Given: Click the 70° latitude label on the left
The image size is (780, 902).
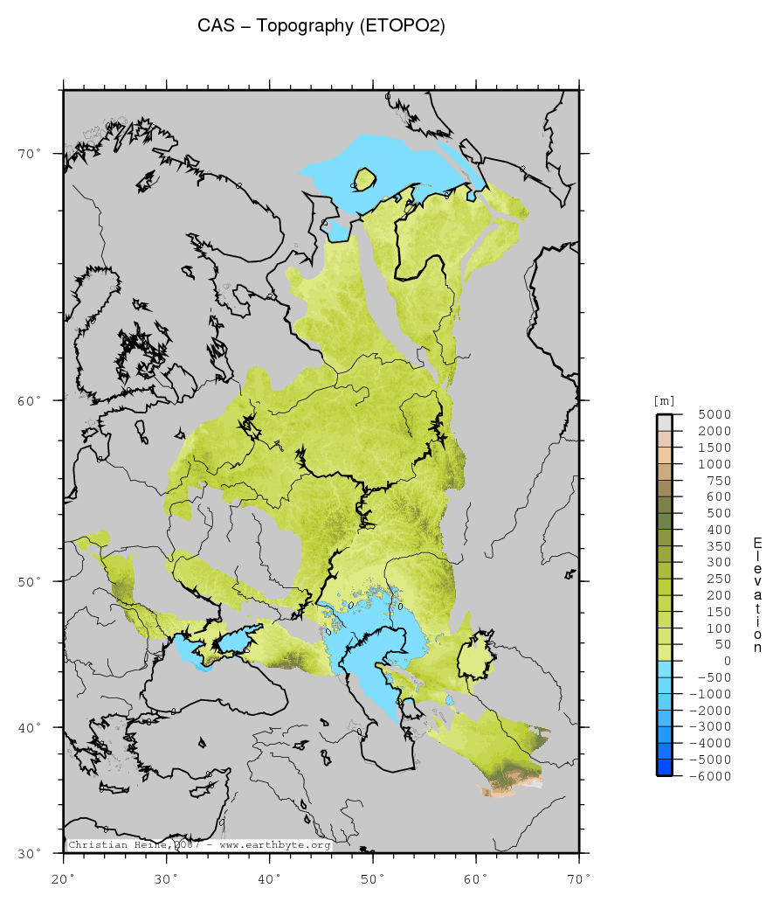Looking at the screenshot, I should click(31, 154).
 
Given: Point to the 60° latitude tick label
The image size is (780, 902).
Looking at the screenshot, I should click(31, 400).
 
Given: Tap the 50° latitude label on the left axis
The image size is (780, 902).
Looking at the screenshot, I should click(31, 581).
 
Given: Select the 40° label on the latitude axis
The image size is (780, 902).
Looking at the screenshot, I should click(31, 727).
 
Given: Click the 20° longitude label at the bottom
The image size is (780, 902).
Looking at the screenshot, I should click(64, 877).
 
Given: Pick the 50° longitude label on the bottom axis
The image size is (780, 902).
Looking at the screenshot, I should click(373, 877).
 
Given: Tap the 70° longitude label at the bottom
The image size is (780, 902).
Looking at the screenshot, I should click(579, 877).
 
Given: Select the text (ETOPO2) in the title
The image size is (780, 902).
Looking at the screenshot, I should click(403, 27).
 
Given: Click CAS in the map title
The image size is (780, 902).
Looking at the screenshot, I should click(215, 27).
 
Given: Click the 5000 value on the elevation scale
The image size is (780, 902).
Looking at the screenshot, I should click(714, 414).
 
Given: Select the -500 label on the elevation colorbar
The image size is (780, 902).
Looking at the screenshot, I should click(714, 677).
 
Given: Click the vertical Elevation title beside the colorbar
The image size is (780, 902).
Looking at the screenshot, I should click(757, 595).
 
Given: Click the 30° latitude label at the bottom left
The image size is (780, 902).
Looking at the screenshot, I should click(31, 853).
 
